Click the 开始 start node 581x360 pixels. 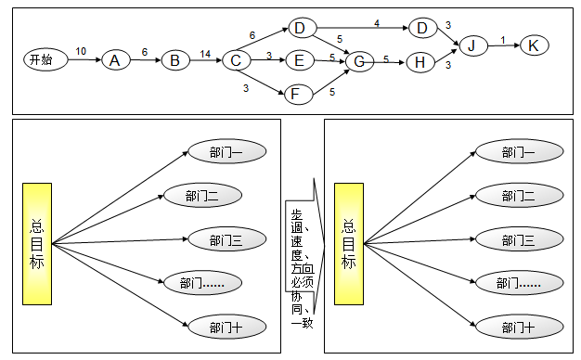[42, 60]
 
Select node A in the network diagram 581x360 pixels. [115, 60]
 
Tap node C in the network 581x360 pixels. [237, 61]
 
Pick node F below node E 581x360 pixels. [296, 94]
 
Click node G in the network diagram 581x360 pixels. [358, 61]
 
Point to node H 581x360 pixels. [420, 61]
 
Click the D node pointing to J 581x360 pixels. [422, 28]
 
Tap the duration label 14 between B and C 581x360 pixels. [205, 53]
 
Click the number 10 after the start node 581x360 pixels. [81, 52]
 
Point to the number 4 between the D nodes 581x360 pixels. [376, 22]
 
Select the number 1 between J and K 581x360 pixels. [503, 40]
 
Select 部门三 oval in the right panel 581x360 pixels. [518, 240]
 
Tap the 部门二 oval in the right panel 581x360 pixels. [518, 196]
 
